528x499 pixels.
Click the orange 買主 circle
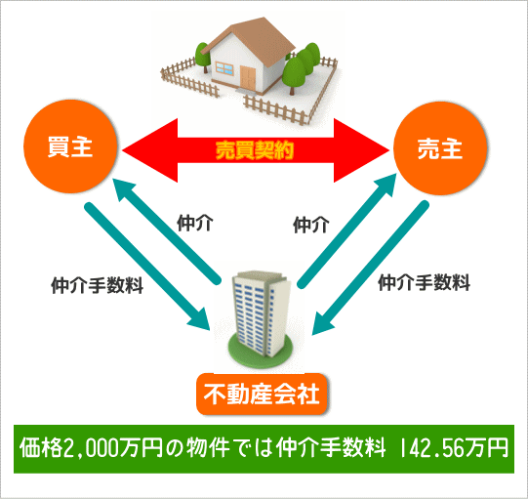(x=70, y=146)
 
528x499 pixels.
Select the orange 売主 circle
(x=440, y=148)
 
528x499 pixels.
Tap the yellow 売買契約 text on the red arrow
(x=255, y=150)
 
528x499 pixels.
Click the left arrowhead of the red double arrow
(x=150, y=150)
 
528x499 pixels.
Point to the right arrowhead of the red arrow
(x=361, y=150)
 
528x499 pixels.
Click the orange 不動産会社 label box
(x=262, y=394)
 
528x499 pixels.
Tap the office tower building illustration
(x=262, y=313)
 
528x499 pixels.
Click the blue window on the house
(x=224, y=68)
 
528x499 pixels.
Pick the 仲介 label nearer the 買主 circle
(x=194, y=223)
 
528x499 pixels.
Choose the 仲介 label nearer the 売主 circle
(x=310, y=225)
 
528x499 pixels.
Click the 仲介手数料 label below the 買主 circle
(x=97, y=285)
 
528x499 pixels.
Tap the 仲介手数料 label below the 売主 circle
(x=424, y=282)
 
